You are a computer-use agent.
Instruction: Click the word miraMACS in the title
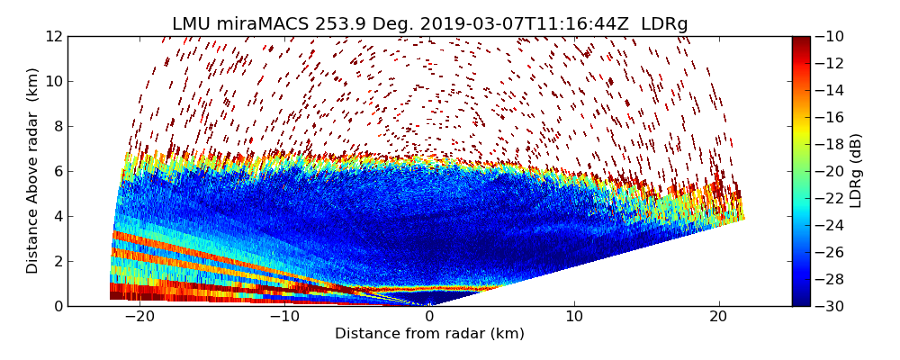255,24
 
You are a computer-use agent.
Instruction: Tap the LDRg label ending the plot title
662,24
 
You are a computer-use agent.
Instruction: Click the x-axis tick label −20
139,317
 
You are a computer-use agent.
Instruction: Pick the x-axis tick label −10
284,317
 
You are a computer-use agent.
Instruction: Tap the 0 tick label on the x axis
429,317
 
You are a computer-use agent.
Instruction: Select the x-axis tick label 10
574,317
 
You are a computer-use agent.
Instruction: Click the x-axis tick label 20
719,317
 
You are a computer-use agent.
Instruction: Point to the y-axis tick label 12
54,36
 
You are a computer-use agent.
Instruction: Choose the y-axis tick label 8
58,126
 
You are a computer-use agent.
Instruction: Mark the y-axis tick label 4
58,216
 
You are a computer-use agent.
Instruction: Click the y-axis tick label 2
58,261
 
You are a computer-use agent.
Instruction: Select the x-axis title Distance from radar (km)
429,334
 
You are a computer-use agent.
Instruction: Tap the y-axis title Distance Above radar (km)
32,171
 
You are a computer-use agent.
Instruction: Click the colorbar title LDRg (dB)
856,171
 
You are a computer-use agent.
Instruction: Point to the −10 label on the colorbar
832,36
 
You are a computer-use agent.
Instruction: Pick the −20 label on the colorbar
832,171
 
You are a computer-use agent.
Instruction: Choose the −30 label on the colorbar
832,306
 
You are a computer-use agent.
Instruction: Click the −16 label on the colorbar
832,117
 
